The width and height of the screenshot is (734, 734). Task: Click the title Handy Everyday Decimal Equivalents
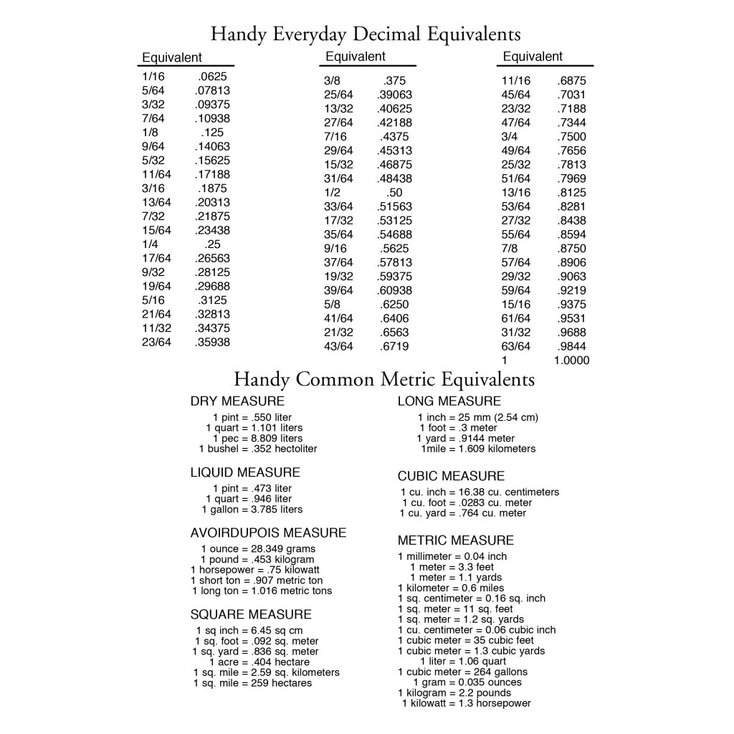[366, 34]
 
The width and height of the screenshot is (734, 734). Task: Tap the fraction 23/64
[156, 342]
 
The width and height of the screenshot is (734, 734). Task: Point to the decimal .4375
[394, 136]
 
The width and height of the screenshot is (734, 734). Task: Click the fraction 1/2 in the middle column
[332, 192]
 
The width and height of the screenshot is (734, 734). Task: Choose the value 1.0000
[571, 361]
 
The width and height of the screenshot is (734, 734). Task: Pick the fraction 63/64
[515, 346]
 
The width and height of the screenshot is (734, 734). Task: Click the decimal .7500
[571, 136]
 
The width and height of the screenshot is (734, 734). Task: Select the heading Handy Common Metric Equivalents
[384, 379]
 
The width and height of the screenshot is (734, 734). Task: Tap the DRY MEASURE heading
[237, 401]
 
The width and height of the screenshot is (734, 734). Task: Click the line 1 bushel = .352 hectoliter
[258, 449]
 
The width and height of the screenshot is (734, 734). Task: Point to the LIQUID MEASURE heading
[245, 472]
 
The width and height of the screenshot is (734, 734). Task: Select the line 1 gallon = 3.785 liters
[252, 510]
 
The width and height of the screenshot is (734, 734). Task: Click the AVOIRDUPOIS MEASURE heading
[268, 533]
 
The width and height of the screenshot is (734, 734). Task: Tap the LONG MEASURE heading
[449, 401]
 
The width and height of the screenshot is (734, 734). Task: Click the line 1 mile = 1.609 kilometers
[477, 449]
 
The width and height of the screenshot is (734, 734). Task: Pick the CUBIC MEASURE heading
[451, 476]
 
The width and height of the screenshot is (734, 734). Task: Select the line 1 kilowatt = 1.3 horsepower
[466, 704]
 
